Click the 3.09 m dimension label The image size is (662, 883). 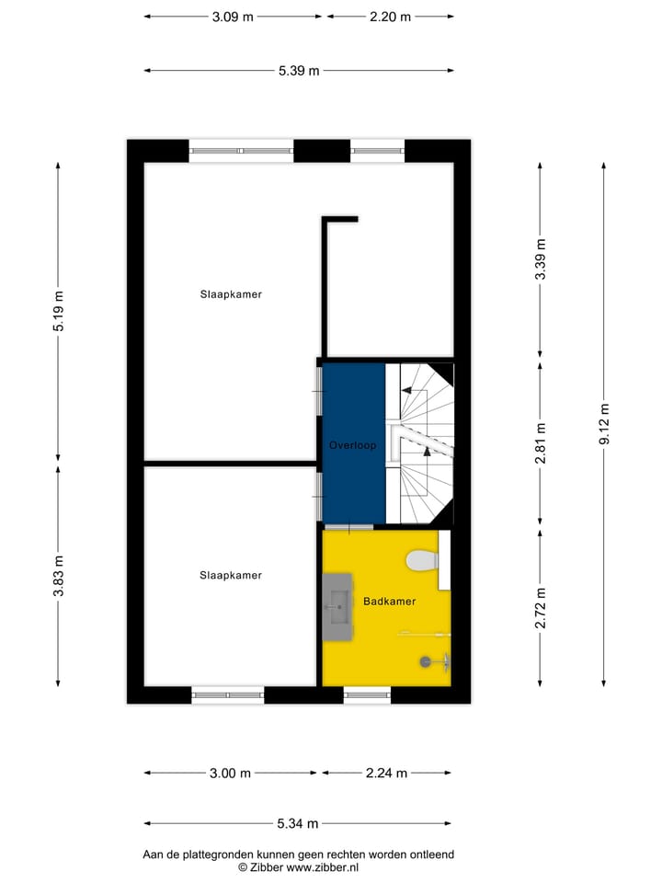[233, 17]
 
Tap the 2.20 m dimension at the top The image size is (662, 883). [390, 17]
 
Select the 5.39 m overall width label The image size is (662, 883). [299, 71]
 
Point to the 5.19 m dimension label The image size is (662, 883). [59, 309]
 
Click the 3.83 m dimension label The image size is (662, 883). [59, 576]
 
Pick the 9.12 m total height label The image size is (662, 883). [604, 424]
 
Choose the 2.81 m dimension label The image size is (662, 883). [541, 441]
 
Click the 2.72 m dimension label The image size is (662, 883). [541, 607]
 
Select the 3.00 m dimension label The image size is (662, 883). [231, 774]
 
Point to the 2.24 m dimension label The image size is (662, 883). [386, 774]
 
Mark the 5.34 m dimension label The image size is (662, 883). [299, 824]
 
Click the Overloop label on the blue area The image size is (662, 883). [353, 445]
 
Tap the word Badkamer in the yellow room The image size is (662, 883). [389, 602]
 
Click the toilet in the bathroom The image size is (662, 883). [422, 558]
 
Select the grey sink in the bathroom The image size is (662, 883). [337, 605]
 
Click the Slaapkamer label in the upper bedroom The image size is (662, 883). [232, 294]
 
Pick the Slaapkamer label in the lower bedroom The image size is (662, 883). [232, 575]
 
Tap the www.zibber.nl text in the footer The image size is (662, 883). [323, 866]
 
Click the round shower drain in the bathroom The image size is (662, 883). [425, 659]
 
